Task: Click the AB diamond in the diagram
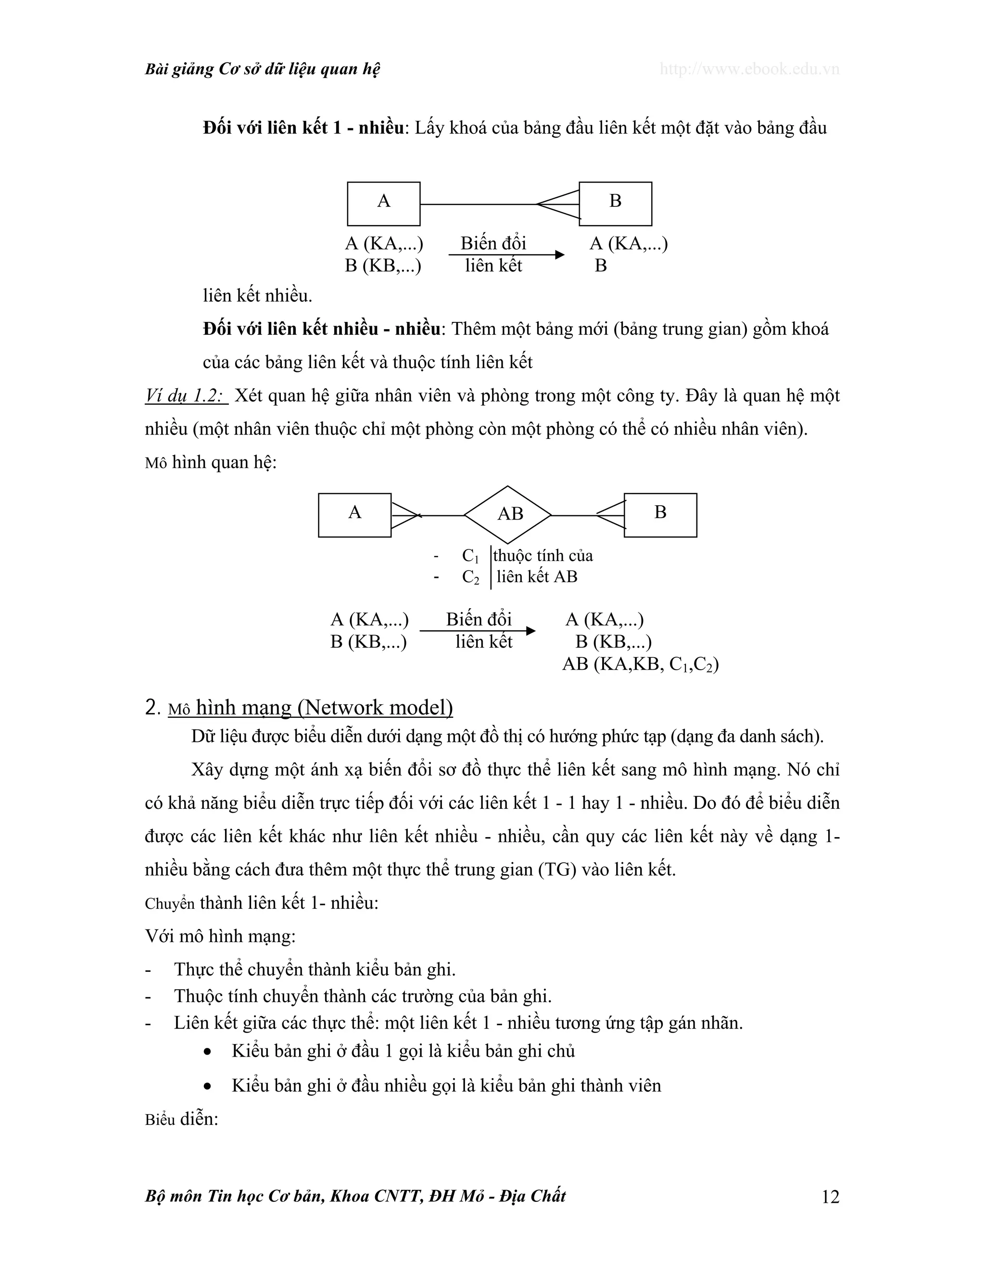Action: [x=508, y=515]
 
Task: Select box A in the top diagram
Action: [x=383, y=204]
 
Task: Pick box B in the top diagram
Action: [x=615, y=204]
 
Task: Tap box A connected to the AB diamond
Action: [x=354, y=515]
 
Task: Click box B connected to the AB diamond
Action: [x=660, y=515]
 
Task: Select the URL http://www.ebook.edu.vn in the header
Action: [x=749, y=69]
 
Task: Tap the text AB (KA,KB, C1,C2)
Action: [x=640, y=664]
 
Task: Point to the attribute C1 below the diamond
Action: [x=470, y=556]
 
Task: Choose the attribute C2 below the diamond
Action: [x=470, y=577]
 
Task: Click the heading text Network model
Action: [x=375, y=708]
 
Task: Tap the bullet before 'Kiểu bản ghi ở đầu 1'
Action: [x=207, y=1052]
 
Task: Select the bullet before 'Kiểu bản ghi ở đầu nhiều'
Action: [x=207, y=1086]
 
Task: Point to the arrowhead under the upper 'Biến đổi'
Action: [x=560, y=255]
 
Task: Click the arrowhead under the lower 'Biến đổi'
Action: [x=530, y=630]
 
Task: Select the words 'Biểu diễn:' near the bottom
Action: [x=181, y=1119]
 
